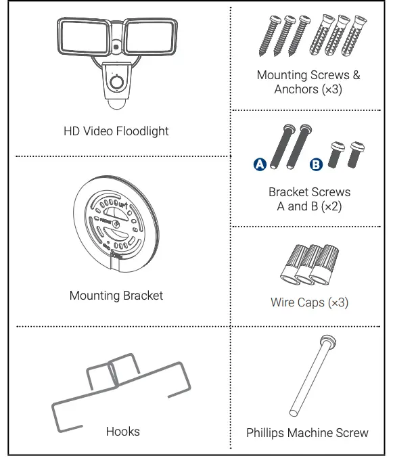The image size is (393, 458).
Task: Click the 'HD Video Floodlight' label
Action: pyautogui.click(x=116, y=131)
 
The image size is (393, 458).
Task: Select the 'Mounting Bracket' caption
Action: pyautogui.click(x=116, y=296)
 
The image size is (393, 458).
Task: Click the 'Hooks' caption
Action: pyautogui.click(x=123, y=431)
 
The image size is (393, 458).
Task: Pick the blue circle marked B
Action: pyautogui.click(x=315, y=164)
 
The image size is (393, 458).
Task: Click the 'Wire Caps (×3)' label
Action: pyautogui.click(x=309, y=302)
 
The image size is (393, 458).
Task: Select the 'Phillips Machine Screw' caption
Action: pyautogui.click(x=308, y=432)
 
